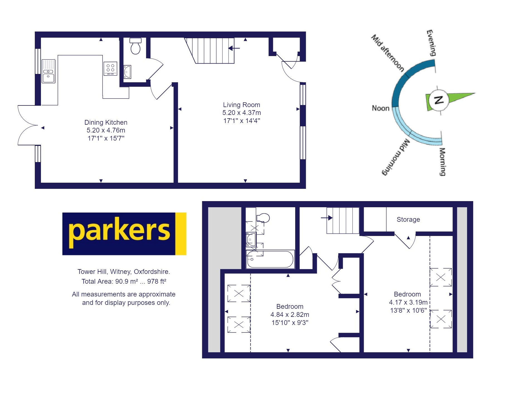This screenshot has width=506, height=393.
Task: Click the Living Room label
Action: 241,105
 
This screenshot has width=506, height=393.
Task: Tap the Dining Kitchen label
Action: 106,122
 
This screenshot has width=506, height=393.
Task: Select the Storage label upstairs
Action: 408,220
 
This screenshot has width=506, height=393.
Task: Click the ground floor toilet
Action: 136,47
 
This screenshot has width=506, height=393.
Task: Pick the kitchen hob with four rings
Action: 110,69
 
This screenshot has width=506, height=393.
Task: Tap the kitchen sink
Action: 48,71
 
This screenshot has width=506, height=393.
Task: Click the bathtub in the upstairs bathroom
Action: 270,259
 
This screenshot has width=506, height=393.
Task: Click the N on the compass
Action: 439,100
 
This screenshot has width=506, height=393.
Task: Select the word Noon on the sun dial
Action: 380,108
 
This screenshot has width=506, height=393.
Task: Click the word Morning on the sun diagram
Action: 442,162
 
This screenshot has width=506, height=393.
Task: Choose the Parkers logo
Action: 124,234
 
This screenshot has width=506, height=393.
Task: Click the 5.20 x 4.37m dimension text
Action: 241,113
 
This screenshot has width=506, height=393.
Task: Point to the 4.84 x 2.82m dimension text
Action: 290,315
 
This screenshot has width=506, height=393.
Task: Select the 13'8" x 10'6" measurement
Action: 408,310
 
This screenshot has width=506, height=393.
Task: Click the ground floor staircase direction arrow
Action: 234,48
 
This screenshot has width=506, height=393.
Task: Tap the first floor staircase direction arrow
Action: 327,218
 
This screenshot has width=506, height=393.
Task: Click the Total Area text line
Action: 124,281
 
